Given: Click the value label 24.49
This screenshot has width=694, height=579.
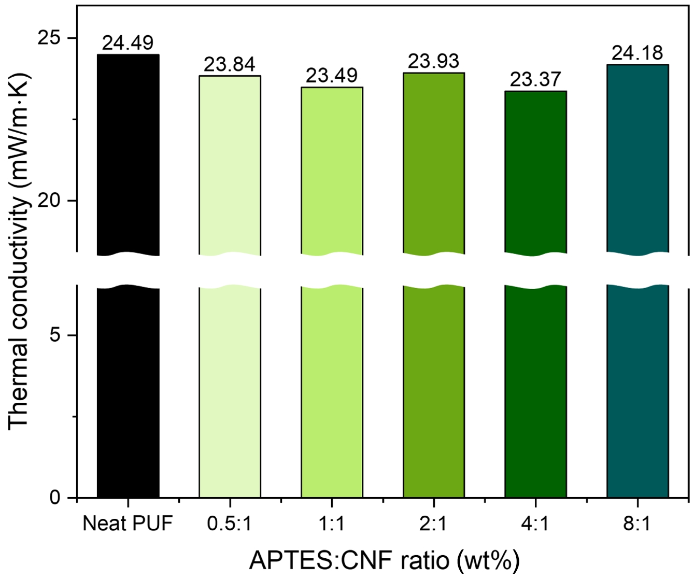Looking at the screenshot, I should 128,44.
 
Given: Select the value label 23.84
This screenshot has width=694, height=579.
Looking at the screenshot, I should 229,65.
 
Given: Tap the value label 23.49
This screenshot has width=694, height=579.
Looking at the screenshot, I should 331,76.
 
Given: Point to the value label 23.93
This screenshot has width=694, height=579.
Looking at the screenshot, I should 433,62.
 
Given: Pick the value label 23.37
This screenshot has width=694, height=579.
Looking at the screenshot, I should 535,80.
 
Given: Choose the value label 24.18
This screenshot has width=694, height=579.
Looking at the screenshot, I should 637,53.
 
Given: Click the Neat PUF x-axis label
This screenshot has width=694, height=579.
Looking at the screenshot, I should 128,524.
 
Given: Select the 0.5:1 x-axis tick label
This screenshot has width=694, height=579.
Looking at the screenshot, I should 229,524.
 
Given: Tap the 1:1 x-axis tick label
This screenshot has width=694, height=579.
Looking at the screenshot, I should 332,524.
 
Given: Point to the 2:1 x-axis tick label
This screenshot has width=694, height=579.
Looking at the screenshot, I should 433,524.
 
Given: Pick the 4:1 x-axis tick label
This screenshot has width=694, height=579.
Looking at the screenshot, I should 535,524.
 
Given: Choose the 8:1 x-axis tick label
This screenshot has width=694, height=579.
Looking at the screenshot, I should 637,524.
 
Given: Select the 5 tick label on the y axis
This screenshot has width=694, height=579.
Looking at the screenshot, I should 56,335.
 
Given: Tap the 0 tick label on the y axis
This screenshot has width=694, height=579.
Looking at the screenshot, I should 56,498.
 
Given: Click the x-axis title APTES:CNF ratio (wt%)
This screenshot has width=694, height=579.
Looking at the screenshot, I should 384,560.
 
